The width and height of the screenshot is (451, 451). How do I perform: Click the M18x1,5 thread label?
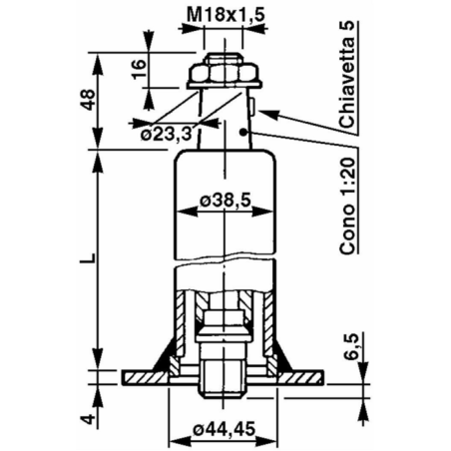225,14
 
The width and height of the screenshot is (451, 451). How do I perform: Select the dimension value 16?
140,71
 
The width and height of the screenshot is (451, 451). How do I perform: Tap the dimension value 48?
87,99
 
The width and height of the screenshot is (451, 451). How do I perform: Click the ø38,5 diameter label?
225,200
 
